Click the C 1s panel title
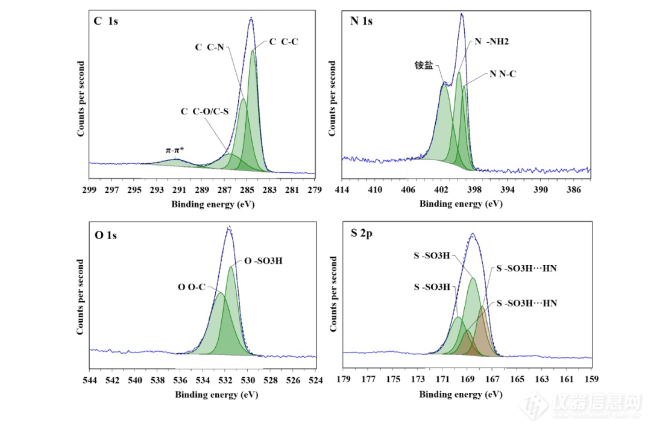click(x=106, y=21)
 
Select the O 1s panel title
click(x=106, y=235)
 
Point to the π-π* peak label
click(x=175, y=149)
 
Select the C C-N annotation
click(x=209, y=46)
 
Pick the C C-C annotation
click(x=283, y=42)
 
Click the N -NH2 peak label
click(x=492, y=42)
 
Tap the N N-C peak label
click(x=503, y=74)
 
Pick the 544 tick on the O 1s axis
click(x=89, y=380)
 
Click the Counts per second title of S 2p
click(x=333, y=293)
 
